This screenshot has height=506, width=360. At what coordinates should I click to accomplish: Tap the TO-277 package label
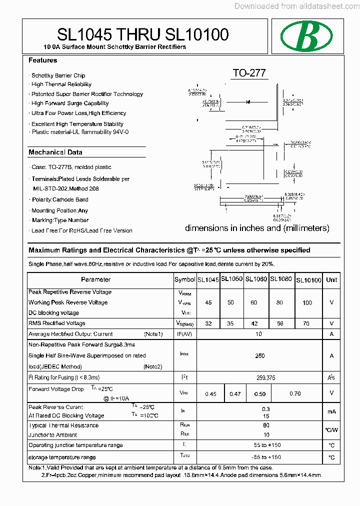click(x=249, y=73)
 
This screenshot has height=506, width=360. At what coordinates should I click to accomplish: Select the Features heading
click(x=43, y=60)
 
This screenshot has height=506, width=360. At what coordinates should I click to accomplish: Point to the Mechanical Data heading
click(x=55, y=152)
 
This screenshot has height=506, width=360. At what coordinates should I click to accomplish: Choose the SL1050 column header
click(x=231, y=279)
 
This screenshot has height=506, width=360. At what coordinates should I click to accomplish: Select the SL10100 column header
click(x=308, y=280)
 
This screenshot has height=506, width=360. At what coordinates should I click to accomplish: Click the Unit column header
click(x=331, y=280)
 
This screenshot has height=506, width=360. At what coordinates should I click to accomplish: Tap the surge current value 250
click(x=260, y=356)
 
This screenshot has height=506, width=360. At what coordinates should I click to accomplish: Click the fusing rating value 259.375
click(x=265, y=378)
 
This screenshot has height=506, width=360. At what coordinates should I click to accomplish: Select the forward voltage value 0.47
click(x=235, y=394)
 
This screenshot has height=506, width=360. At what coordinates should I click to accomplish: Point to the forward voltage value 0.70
click(x=295, y=394)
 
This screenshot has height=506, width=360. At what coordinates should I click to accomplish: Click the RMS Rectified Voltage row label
click(x=57, y=323)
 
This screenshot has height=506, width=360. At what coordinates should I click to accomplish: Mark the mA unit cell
click(x=331, y=411)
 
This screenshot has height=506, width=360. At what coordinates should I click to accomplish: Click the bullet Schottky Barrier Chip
click(x=58, y=75)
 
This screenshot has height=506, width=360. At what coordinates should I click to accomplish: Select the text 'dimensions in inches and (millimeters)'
click(x=257, y=228)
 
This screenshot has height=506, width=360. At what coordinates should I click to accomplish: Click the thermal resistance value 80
click(x=266, y=426)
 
